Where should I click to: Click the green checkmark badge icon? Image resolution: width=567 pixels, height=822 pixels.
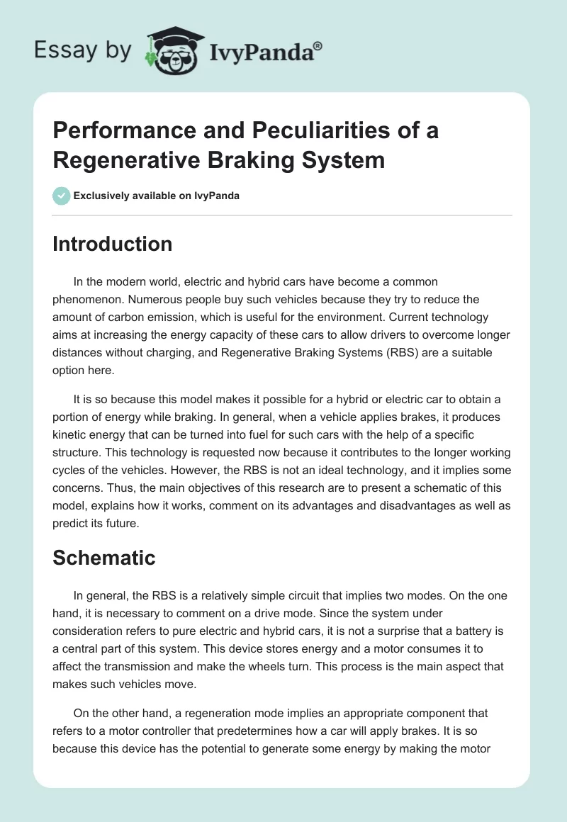point(62,196)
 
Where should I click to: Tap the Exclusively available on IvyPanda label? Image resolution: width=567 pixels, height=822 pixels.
point(157,196)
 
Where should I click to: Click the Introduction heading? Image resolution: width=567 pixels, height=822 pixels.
point(113,244)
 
